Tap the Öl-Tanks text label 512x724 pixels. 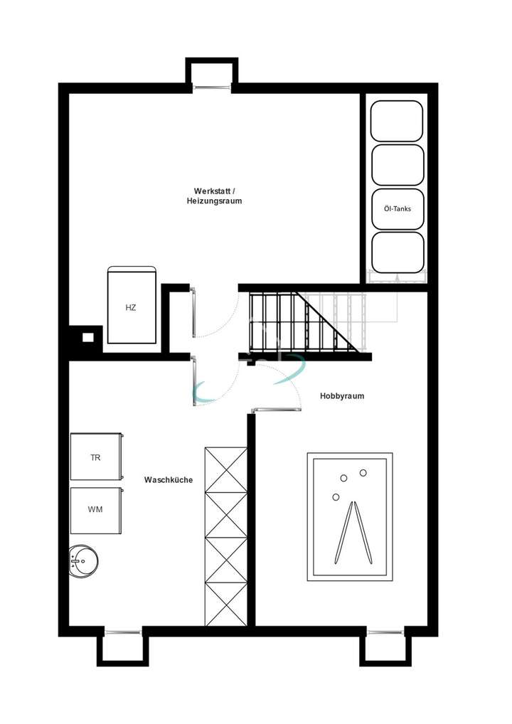tap(397, 209)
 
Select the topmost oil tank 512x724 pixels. tap(397, 121)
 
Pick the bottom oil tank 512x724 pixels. tap(397, 252)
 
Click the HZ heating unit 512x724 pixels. tap(131, 307)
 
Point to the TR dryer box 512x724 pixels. tap(96, 457)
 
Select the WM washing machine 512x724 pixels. tap(96, 510)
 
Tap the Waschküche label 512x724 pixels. tap(169, 480)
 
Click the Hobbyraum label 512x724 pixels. tap(342, 396)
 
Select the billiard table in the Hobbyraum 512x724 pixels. tap(351, 516)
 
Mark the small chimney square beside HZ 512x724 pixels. tap(87, 337)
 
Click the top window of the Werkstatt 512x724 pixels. tap(211, 87)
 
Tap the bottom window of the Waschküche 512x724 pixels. tap(122, 632)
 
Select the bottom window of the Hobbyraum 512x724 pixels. tap(385, 632)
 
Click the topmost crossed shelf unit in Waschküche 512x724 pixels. tap(225, 469)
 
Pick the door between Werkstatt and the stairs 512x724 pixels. tap(194, 309)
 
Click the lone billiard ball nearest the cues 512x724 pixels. tap(336, 497)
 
